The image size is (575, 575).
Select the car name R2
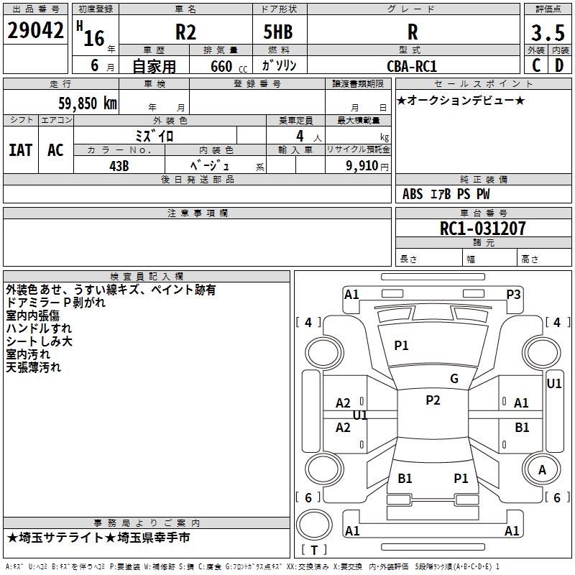185,32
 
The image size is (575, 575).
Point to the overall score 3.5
547,32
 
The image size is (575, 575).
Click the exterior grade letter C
535,65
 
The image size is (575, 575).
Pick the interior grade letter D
559,65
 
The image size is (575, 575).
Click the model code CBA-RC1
412,65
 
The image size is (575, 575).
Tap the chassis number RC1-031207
483,229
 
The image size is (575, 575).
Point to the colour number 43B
119,165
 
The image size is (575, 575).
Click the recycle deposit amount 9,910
362,165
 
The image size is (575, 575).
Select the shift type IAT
20,149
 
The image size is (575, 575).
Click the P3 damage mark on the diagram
513,294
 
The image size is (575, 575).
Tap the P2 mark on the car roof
433,400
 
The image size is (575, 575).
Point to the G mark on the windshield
454,379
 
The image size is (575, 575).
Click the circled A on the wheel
542,470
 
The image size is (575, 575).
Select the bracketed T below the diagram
313,551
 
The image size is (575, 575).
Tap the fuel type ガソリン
280,65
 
